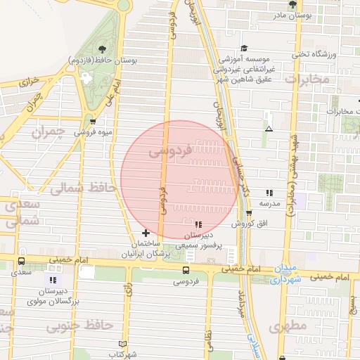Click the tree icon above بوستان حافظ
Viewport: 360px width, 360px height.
103,49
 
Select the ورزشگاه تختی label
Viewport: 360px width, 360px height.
330,54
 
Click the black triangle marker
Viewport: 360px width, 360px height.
269,129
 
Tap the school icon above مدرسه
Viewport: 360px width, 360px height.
269,192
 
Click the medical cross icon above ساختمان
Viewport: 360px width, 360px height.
146,233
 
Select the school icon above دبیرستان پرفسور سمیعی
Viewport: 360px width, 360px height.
198,225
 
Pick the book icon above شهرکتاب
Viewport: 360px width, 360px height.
122,345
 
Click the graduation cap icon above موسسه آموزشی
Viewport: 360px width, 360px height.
243,49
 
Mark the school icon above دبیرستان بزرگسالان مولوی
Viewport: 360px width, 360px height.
54,280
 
